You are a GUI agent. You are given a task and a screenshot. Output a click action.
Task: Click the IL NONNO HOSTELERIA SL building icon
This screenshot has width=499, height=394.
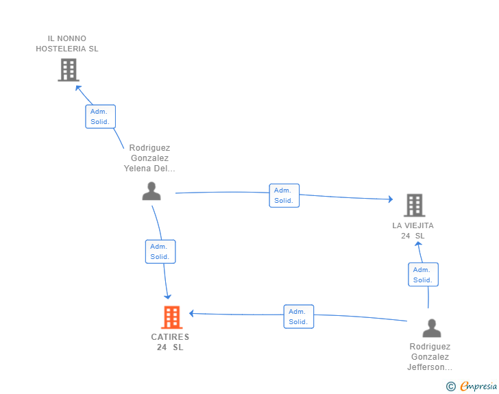tap(69, 70)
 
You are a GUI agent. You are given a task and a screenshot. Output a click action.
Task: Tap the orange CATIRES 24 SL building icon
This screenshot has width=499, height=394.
tap(172, 317)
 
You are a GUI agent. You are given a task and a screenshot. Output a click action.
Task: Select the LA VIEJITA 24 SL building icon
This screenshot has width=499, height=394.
tap(415, 206)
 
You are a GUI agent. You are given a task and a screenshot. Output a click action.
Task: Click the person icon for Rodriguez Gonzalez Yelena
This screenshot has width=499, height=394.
tap(151, 191)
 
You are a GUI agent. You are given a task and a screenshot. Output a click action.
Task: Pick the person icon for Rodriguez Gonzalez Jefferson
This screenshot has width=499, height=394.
tap(432, 328)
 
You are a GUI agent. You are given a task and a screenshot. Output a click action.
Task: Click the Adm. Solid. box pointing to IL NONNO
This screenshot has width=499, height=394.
tap(100, 116)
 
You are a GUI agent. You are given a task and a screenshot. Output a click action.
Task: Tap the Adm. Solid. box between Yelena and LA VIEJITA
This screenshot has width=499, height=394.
tap(284, 195)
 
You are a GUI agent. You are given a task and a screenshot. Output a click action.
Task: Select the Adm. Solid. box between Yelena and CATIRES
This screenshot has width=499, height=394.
tap(160, 251)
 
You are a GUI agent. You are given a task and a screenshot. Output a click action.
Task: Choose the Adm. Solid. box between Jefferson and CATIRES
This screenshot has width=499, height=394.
tap(299, 317)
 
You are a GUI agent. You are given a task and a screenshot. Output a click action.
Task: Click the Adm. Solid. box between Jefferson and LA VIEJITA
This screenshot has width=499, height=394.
tap(424, 274)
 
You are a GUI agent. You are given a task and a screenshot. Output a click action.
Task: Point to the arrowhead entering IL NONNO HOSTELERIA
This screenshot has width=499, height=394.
tap(78, 88)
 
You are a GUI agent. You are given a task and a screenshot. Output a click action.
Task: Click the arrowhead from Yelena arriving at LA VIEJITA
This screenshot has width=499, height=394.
tap(391, 199)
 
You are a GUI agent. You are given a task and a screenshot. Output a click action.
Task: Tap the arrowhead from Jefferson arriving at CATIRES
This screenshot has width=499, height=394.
tap(192, 313)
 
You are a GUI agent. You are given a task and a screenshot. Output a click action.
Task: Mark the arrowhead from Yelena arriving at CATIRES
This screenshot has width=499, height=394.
tap(167, 297)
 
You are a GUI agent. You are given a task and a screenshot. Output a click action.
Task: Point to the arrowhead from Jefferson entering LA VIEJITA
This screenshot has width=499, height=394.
tap(419, 244)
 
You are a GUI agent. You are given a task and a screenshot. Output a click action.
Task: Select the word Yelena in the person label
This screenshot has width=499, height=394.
tap(138, 169)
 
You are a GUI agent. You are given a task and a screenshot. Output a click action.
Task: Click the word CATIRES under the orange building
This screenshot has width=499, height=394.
tap(170, 336)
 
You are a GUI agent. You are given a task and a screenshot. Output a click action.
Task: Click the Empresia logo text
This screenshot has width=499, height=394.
tap(478, 386)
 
